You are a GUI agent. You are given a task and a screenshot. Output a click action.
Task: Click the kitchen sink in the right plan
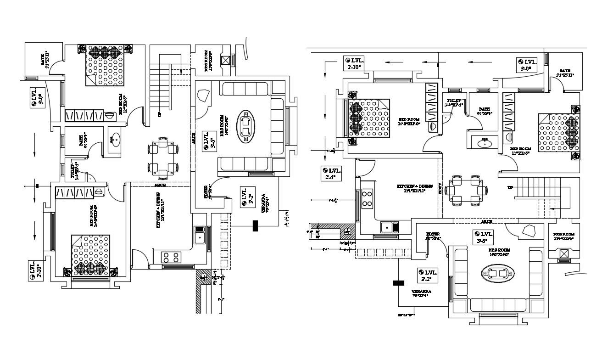click(x=389, y=227)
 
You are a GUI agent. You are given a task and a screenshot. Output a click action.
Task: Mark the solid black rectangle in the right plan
click(x=398, y=283)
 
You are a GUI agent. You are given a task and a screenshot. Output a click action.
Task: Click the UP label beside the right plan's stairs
click(x=510, y=188)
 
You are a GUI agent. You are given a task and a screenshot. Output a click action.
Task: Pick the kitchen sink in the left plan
click(x=199, y=236)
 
